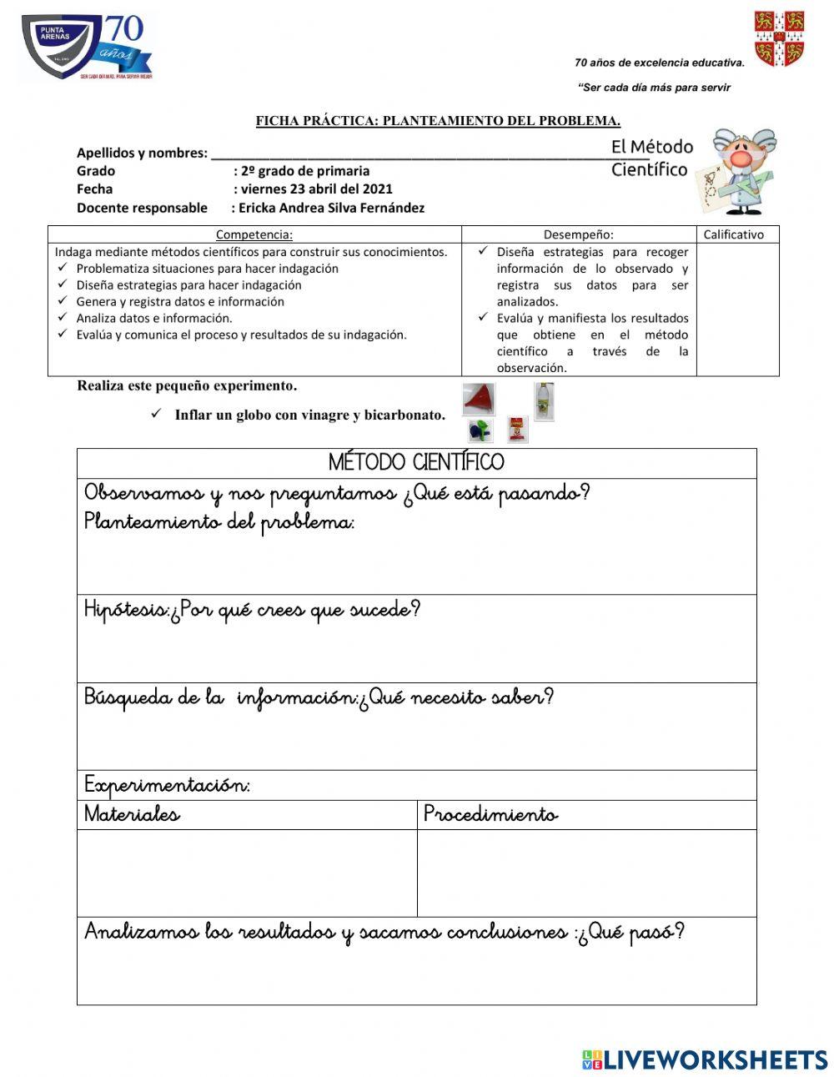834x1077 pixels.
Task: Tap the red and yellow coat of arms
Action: tap(779, 38)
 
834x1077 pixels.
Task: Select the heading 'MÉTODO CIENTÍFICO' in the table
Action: tap(416, 463)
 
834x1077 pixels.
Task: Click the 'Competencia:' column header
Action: tap(254, 235)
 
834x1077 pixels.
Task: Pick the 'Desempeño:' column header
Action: tap(578, 235)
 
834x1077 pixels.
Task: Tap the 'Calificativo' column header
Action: tap(733, 235)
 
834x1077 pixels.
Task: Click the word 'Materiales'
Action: tap(132, 814)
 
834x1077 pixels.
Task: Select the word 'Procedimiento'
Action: tap(490, 814)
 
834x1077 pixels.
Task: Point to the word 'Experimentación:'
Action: tap(167, 786)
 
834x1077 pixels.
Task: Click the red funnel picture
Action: tap(479, 399)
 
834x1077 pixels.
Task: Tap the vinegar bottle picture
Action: tap(544, 401)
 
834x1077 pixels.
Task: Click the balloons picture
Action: tap(480, 430)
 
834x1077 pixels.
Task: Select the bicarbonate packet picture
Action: tap(518, 429)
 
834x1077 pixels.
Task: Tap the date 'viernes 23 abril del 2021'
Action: tap(316, 189)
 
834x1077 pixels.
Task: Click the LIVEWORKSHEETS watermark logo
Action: tap(704, 1059)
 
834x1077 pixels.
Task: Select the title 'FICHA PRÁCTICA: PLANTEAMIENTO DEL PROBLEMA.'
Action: tap(438, 121)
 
